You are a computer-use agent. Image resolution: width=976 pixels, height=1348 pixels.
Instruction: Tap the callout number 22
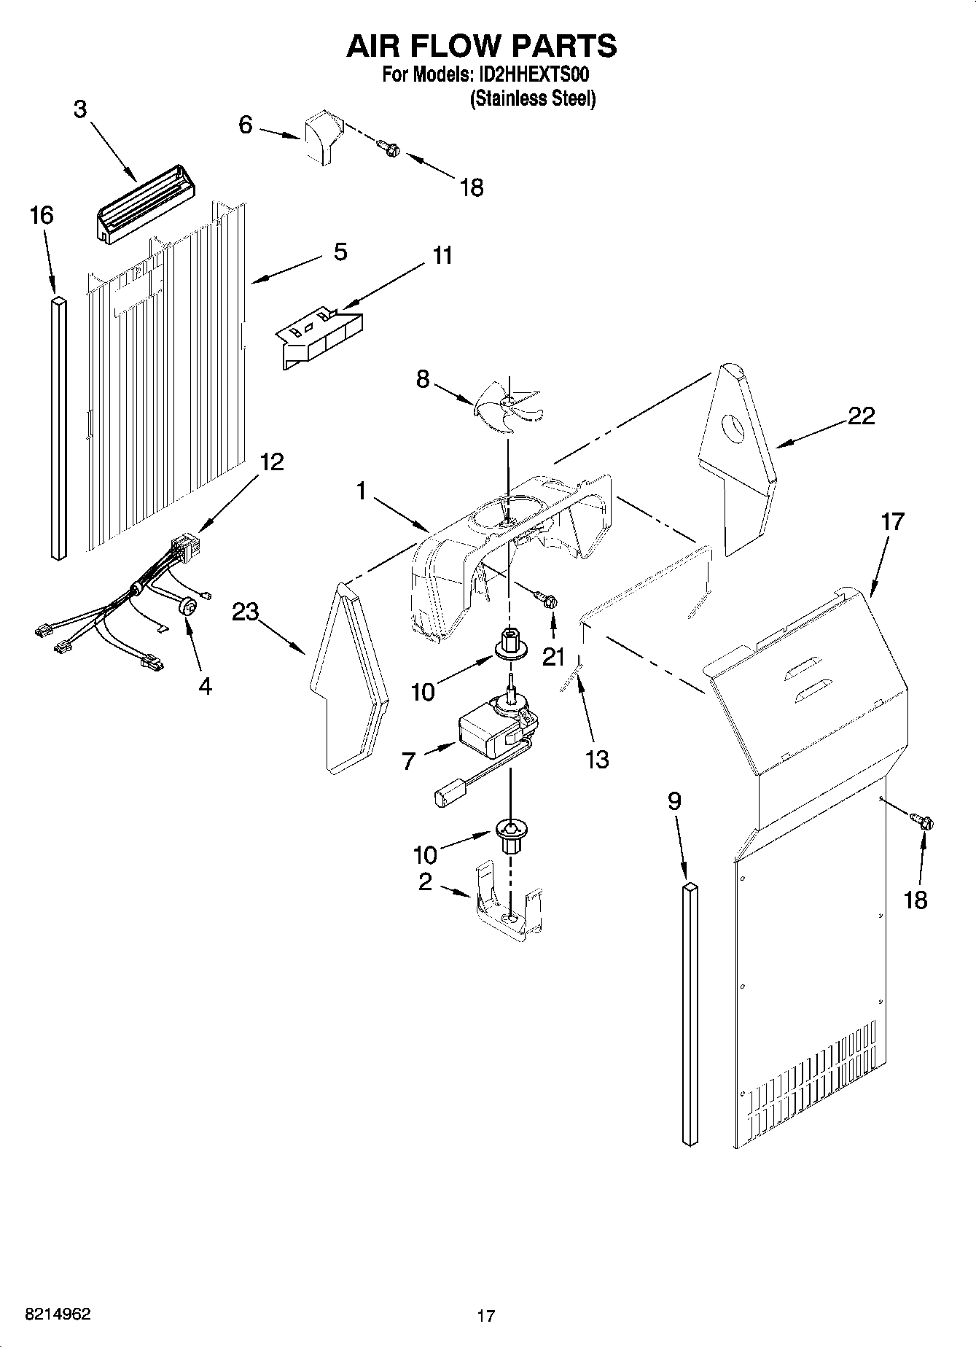tap(861, 416)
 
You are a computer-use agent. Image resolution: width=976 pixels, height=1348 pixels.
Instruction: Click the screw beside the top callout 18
tap(390, 148)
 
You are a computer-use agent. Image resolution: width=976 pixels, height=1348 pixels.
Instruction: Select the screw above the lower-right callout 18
tap(924, 822)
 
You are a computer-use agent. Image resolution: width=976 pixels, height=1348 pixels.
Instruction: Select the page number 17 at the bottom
tap(485, 1316)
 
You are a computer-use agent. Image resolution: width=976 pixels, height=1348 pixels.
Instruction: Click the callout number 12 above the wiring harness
tap(271, 462)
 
